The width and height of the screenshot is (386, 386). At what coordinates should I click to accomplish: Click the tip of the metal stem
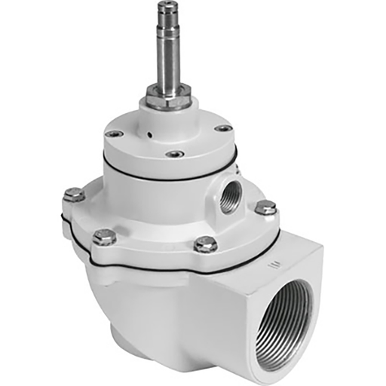pos(166,6)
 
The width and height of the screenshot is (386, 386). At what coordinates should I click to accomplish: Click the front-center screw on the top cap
pos(175,154)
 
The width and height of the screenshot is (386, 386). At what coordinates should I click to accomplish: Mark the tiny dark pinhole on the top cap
pos(151,138)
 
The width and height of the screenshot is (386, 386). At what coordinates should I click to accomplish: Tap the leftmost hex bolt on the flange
pos(73,195)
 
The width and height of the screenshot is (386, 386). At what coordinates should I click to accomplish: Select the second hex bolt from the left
pos(106,237)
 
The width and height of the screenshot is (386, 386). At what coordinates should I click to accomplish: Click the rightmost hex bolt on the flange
pos(265,207)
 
